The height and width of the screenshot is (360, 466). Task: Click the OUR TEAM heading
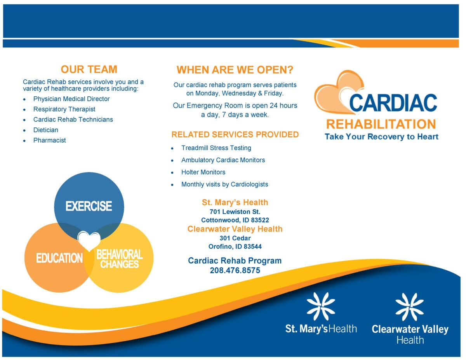pyautogui.click(x=89, y=70)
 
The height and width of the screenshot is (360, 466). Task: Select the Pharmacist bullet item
pyautogui.click(x=49, y=141)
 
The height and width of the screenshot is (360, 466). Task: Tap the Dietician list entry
pyautogui.click(x=45, y=130)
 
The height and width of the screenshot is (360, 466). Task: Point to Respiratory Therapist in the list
pyautogui.click(x=64, y=110)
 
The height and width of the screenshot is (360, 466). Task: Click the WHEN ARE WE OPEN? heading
pyautogui.click(x=235, y=70)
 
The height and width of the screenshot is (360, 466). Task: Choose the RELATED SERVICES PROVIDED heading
pyautogui.click(x=235, y=135)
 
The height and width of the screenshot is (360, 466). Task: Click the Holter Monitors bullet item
pyautogui.click(x=203, y=172)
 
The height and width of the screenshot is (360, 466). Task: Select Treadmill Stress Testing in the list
pyautogui.click(x=216, y=148)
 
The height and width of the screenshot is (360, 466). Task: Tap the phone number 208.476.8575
pyautogui.click(x=235, y=271)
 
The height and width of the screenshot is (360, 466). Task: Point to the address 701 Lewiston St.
pyautogui.click(x=235, y=212)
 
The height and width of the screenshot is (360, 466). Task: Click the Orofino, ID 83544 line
pyautogui.click(x=235, y=247)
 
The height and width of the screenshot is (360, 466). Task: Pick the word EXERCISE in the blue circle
pyautogui.click(x=89, y=206)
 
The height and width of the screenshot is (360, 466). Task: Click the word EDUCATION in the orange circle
pyautogui.click(x=59, y=258)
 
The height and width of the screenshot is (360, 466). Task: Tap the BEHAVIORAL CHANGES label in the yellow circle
pyautogui.click(x=119, y=259)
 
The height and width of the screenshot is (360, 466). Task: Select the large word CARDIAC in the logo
pyautogui.click(x=393, y=103)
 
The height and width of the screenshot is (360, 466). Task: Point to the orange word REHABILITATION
pyautogui.click(x=381, y=124)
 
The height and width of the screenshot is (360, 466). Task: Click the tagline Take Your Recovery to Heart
pyautogui.click(x=381, y=137)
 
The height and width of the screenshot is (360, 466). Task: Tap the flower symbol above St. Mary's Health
pyautogui.click(x=321, y=306)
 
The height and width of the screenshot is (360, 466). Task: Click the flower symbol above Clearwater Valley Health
pyautogui.click(x=410, y=307)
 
